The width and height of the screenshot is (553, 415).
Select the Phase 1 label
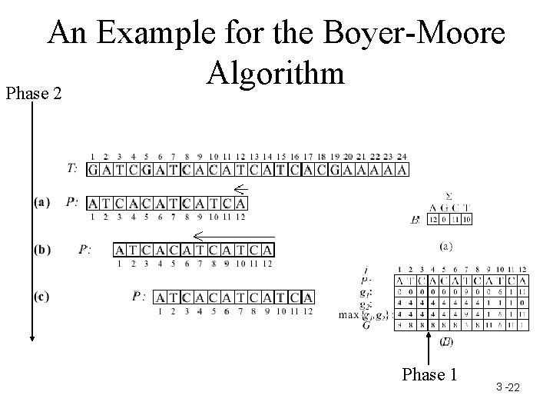click(x=430, y=374)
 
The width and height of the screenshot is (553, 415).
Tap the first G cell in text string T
click(x=93, y=170)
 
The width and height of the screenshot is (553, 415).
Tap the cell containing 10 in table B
click(x=466, y=220)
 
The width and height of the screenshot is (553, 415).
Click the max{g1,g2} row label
click(x=364, y=314)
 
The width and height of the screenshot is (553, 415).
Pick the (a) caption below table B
click(x=446, y=247)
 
